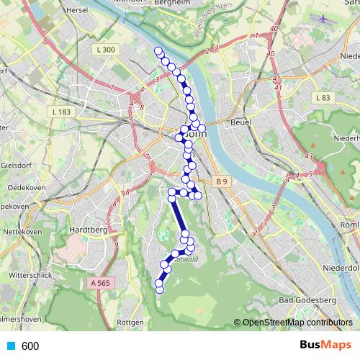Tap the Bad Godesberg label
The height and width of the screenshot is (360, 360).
(305, 300)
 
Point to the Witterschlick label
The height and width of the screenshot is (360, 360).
(30, 276)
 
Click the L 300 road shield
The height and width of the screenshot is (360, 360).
(104, 49)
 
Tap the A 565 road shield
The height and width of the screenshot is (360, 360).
(103, 283)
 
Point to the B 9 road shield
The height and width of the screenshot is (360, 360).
(220, 183)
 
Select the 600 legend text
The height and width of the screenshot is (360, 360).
(30, 346)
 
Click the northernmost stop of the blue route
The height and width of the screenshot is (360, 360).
(158, 50)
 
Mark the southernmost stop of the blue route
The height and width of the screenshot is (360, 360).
(159, 289)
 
